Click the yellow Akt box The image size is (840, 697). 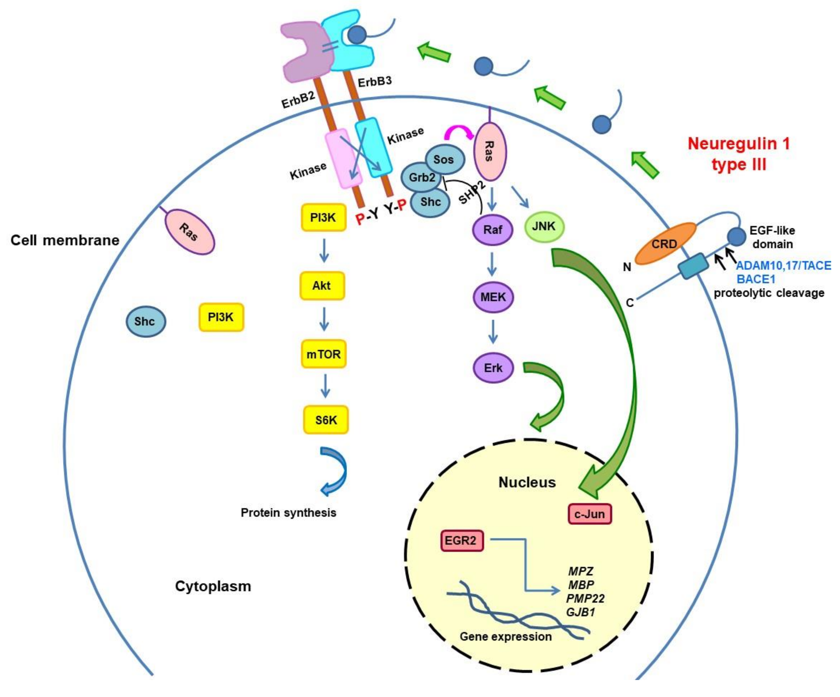click(322, 286)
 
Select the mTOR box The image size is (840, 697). click(323, 354)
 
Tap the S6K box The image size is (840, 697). click(326, 420)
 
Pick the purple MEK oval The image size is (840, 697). click(493, 297)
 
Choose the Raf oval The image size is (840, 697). click(493, 230)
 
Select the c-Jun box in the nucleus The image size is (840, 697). click(590, 514)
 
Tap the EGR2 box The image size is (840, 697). click(462, 541)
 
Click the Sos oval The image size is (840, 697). click(444, 159)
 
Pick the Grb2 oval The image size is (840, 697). click(421, 177)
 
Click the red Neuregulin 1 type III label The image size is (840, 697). click(738, 154)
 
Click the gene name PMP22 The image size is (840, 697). click(585, 599)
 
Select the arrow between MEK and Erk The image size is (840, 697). click(493, 332)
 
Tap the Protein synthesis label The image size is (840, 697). click(288, 513)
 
